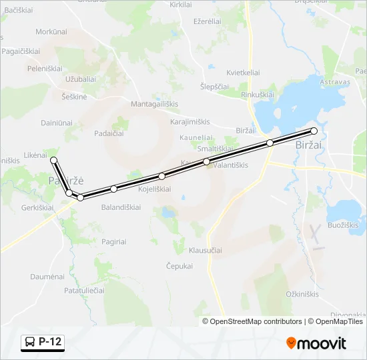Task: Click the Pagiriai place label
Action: point(114,241)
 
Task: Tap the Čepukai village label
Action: point(179,265)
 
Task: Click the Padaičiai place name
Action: point(109,133)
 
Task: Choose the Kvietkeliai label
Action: point(243,72)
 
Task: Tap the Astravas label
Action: point(335,81)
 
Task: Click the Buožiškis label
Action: point(343,225)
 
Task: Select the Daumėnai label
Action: point(47,276)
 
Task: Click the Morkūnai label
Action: point(51,31)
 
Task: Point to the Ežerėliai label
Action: point(207,21)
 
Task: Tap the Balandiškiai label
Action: point(121,207)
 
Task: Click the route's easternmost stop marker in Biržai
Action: point(314,131)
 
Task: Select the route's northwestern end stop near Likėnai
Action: point(53,160)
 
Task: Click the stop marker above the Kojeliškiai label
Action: point(161,176)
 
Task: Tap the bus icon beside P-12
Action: point(30,342)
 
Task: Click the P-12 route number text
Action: point(50,342)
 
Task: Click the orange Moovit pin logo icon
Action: point(291,343)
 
